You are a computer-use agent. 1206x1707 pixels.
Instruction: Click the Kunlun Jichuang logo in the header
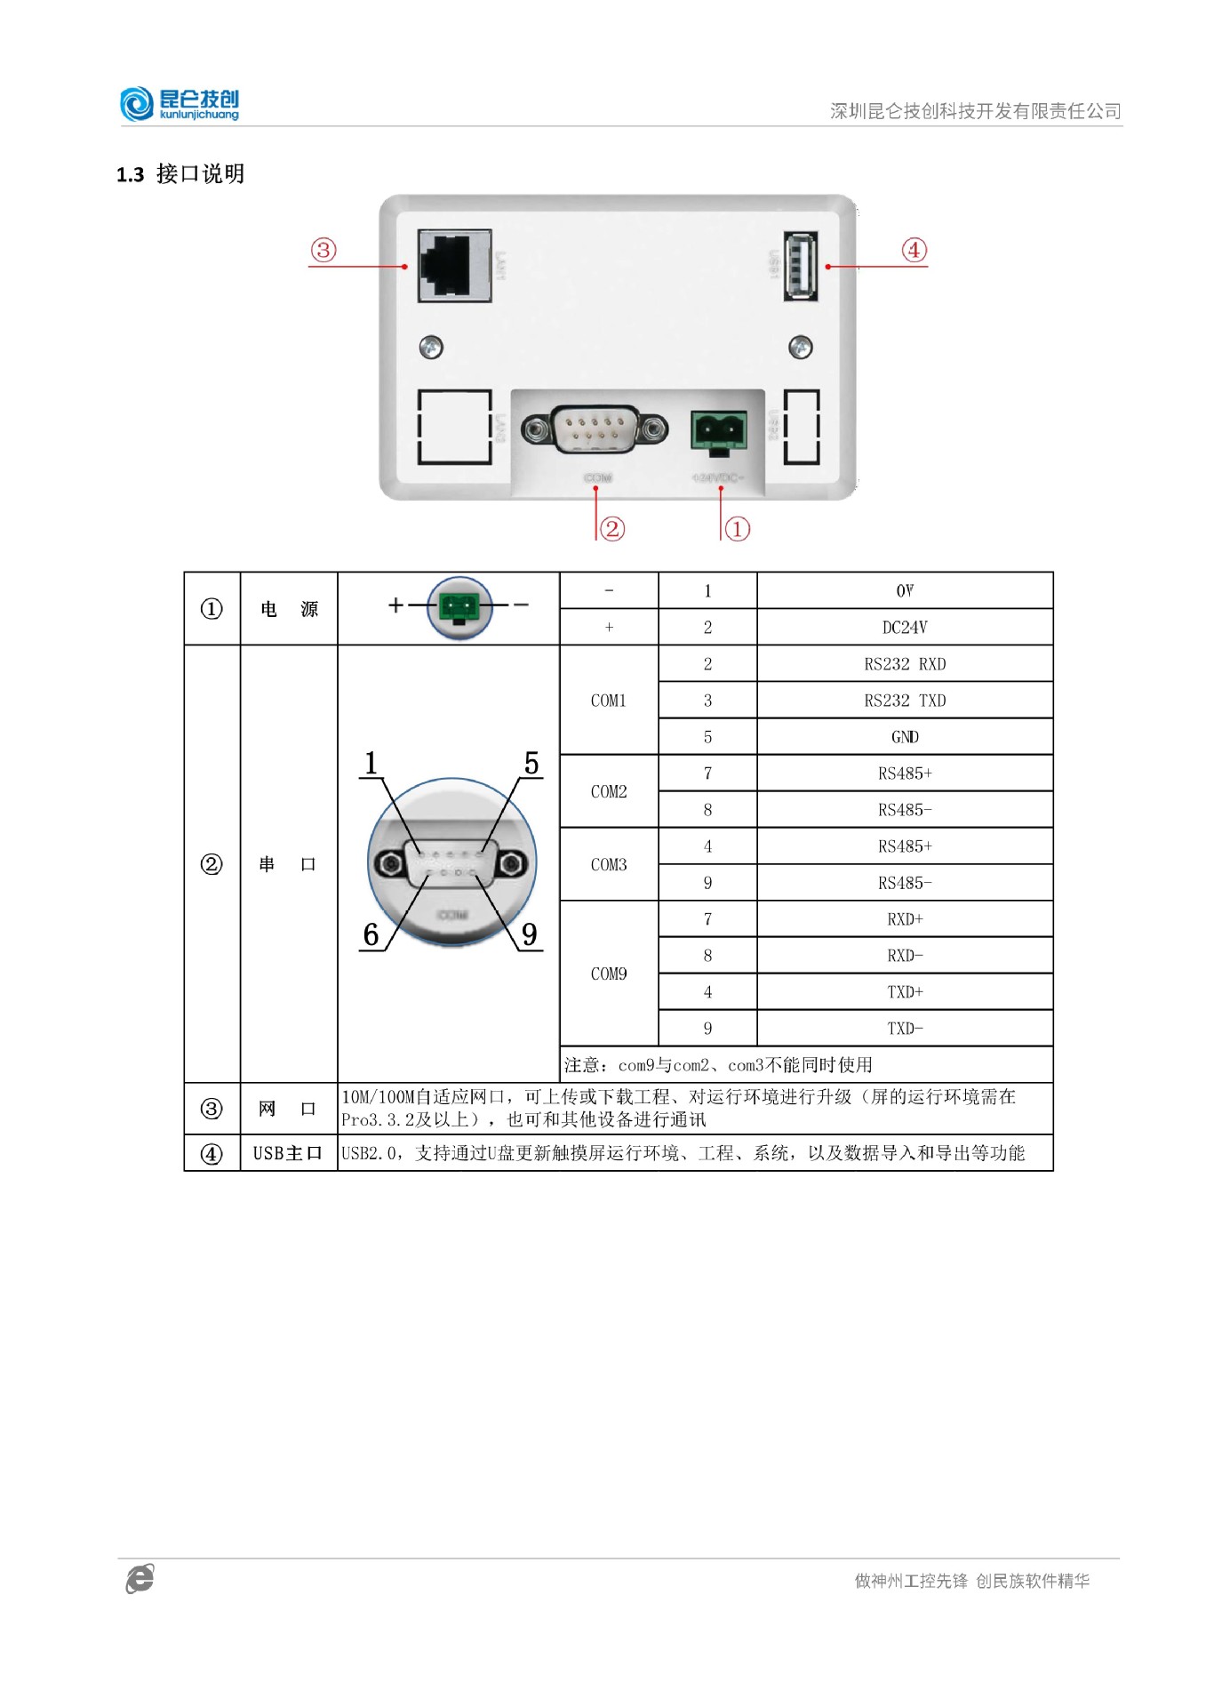180,104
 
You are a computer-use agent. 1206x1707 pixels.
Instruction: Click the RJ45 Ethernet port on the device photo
454,265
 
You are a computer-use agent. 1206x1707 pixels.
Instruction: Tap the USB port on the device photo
800,266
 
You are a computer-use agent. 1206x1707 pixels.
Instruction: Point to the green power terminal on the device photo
718,431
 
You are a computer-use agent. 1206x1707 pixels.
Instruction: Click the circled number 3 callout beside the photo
323,250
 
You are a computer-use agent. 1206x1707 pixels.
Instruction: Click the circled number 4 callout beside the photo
914,250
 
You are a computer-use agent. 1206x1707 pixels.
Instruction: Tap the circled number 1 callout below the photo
738,529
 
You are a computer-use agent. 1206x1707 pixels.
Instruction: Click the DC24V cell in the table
904,628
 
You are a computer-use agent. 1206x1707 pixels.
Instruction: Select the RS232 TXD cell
904,701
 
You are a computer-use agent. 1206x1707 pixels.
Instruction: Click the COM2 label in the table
609,791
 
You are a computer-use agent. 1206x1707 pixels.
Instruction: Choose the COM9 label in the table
609,974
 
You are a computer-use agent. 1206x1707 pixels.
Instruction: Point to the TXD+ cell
904,992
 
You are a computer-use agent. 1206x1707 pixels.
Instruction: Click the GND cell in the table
904,737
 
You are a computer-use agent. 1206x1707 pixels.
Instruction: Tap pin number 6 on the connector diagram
371,934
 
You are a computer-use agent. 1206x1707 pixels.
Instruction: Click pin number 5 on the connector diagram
531,764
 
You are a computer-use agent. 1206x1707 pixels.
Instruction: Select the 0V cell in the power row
904,591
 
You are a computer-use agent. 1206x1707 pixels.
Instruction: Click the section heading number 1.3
131,174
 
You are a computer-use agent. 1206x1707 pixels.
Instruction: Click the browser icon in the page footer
140,1578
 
